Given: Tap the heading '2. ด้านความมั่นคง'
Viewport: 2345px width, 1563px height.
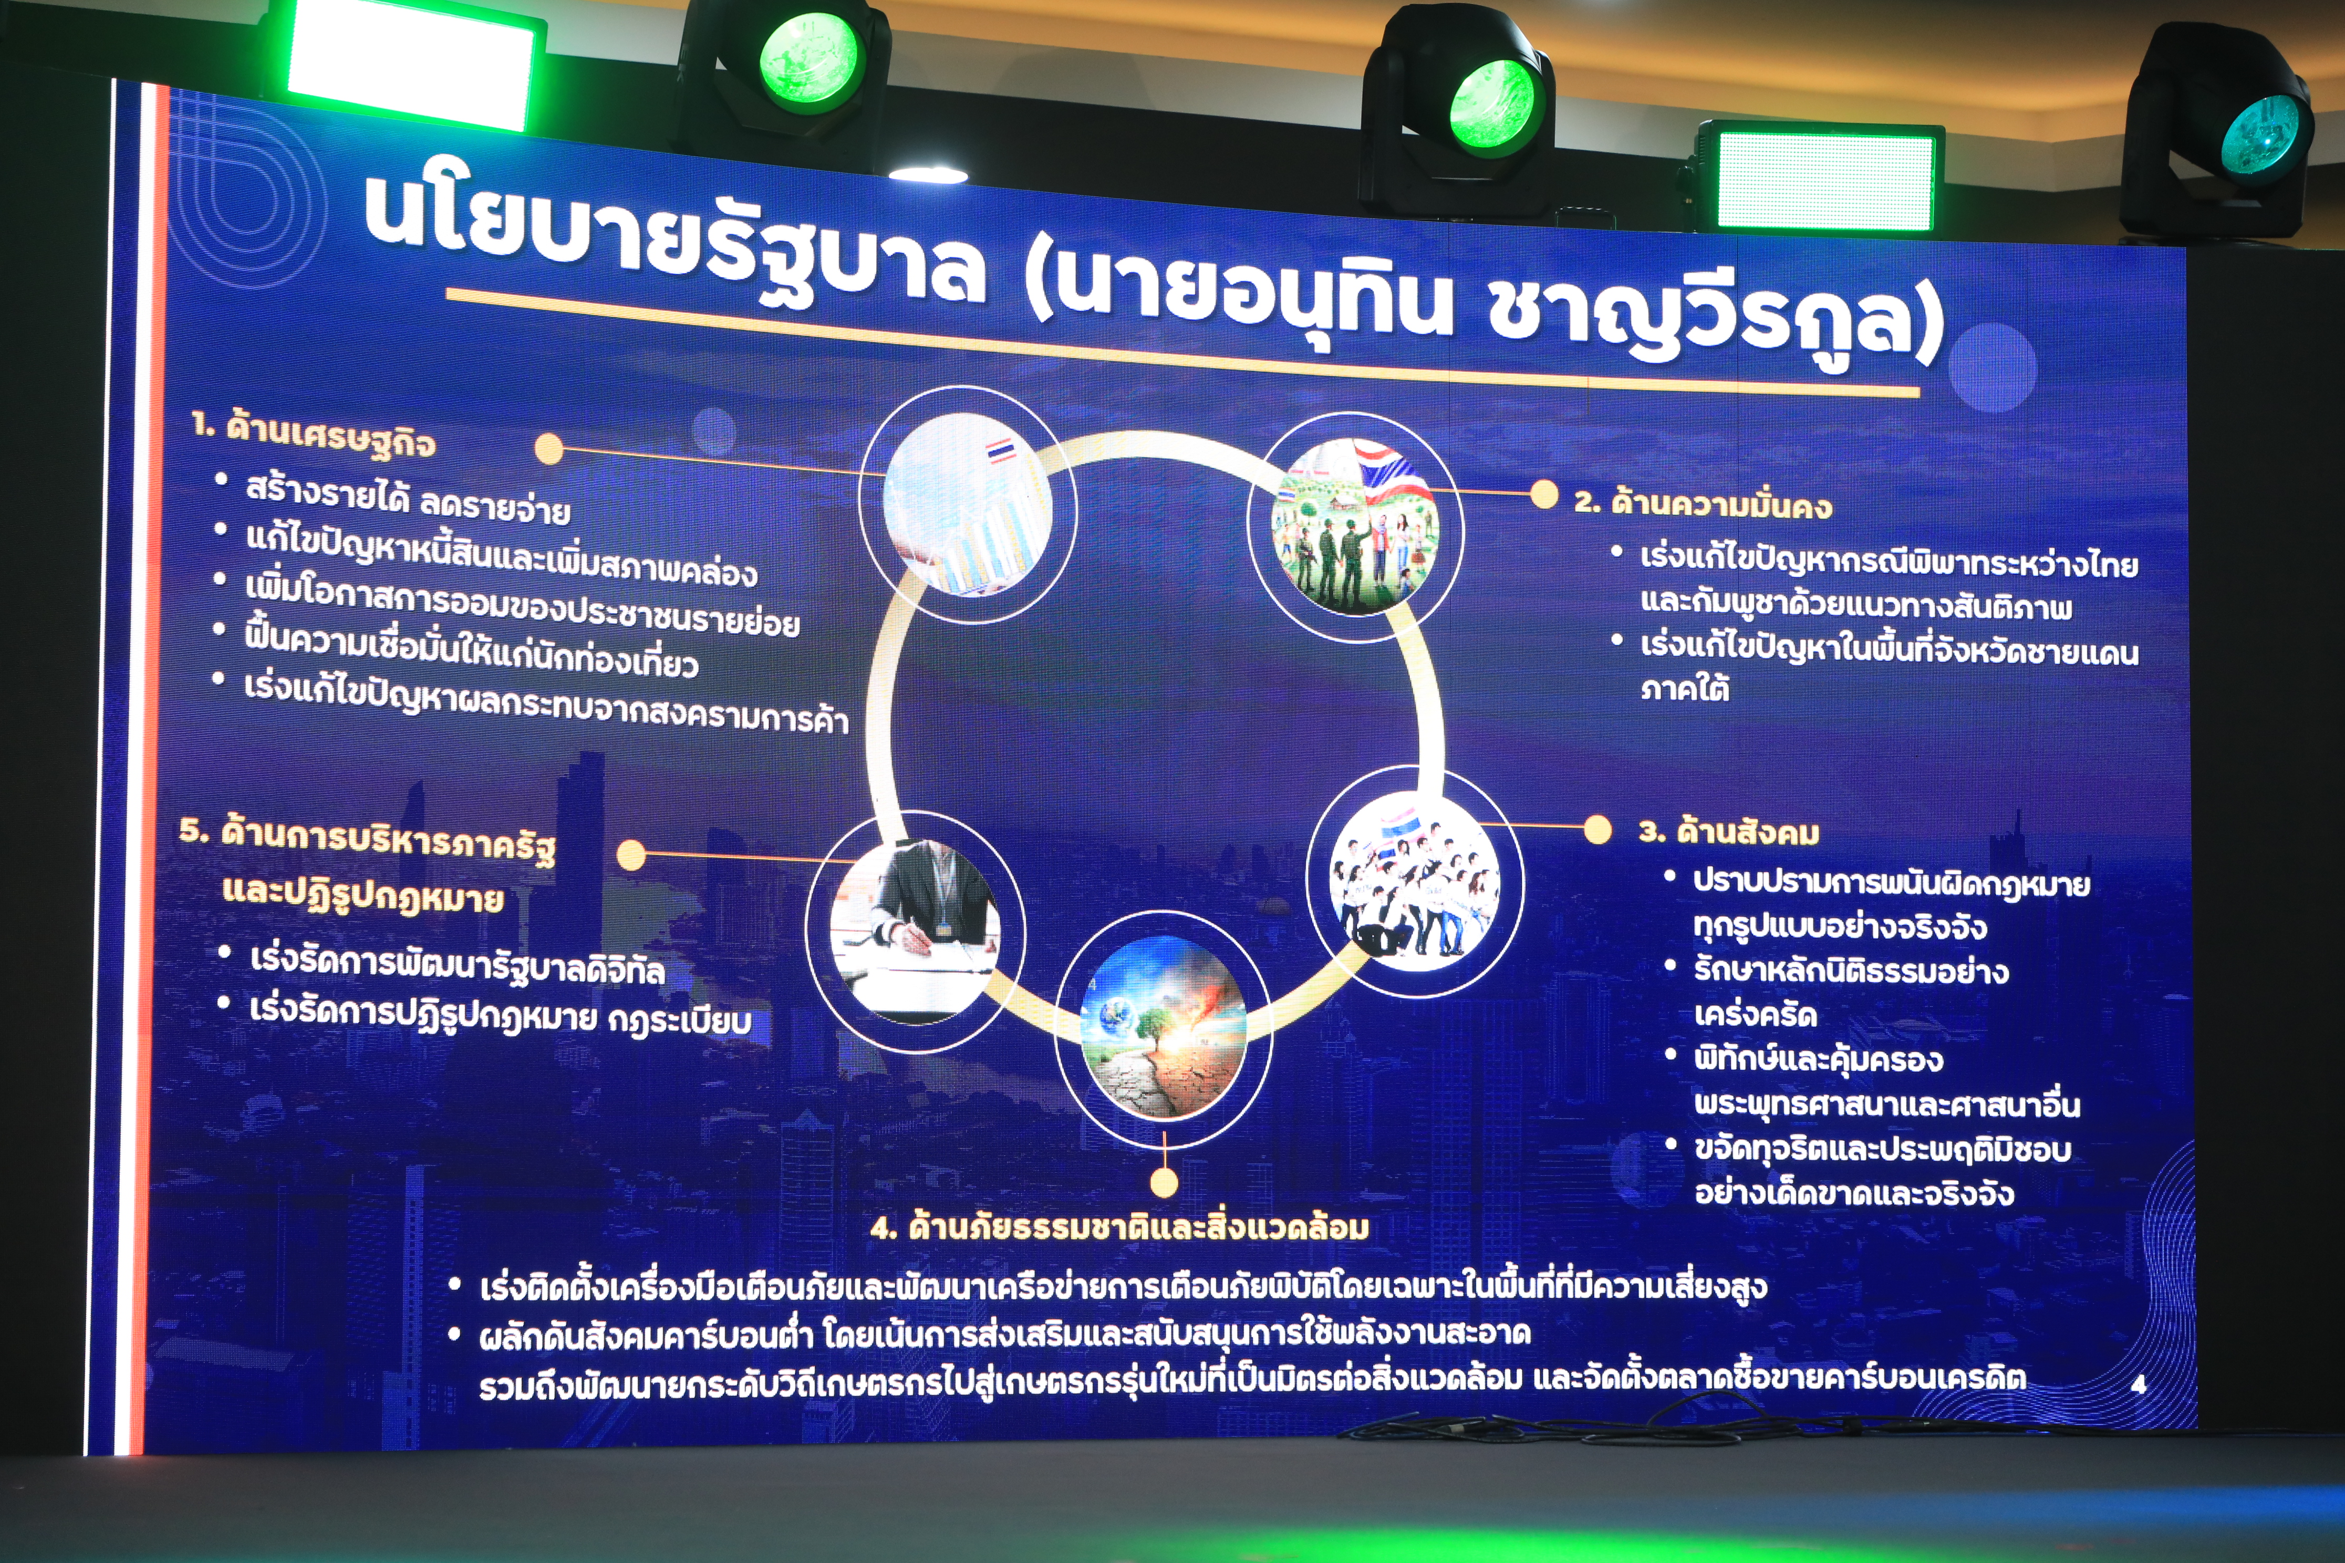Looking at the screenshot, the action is coord(1703,503).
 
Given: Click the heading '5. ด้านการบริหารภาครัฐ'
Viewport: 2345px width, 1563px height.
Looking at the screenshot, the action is coord(367,840).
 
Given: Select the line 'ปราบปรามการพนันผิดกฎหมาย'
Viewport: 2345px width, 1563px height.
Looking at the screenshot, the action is coord(1891,883).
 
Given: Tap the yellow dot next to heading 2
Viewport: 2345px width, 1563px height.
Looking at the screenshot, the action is coord(1543,494).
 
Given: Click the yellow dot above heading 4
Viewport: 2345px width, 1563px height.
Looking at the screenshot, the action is coord(1164,1182).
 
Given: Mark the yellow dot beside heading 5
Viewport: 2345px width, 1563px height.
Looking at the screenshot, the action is coord(631,855).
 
